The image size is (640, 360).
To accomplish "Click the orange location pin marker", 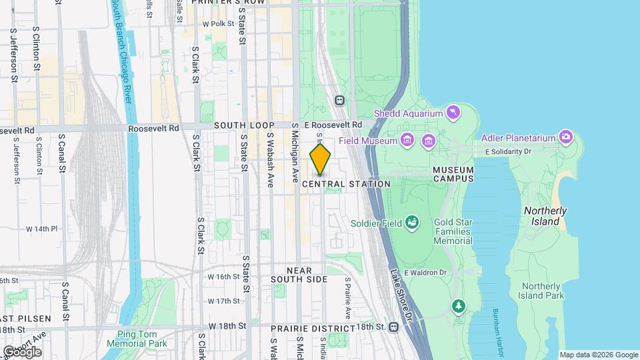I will pyautogui.click(x=320, y=161).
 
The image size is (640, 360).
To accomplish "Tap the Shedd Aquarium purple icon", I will pyautogui.click(x=454, y=111).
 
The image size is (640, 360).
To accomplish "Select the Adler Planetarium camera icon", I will pyautogui.click(x=566, y=137).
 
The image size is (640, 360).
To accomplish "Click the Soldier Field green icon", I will pyautogui.click(x=412, y=222).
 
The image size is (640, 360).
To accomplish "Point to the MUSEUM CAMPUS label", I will pyautogui.click(x=453, y=174).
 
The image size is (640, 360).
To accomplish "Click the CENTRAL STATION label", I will pyautogui.click(x=346, y=184).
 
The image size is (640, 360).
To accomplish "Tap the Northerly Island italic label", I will pyautogui.click(x=545, y=216).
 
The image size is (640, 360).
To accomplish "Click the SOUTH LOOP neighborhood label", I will pyautogui.click(x=241, y=125).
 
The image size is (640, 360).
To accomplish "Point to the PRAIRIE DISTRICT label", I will pyautogui.click(x=313, y=329).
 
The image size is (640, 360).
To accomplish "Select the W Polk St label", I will pyautogui.click(x=219, y=23).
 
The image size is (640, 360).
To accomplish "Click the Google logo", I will pyautogui.click(x=21, y=351).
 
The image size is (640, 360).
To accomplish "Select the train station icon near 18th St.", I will pyautogui.click(x=394, y=327).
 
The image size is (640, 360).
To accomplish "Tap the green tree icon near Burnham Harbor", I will pyautogui.click(x=458, y=306).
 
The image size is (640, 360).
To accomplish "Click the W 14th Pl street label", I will pyautogui.click(x=42, y=229).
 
